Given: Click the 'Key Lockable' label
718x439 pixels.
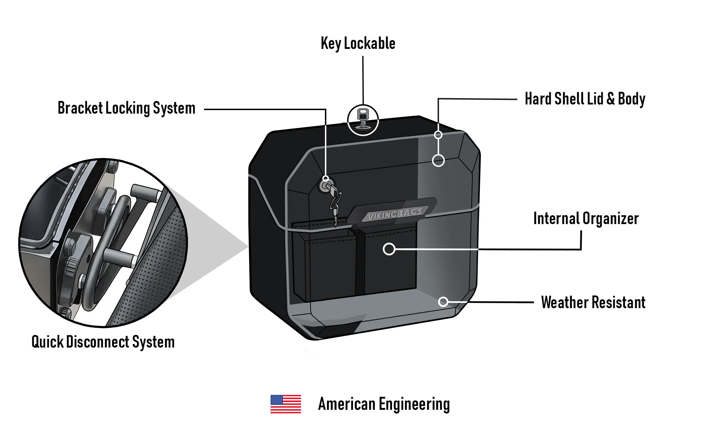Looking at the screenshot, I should click(358, 44).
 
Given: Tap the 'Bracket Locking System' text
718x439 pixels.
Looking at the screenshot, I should click(126, 108).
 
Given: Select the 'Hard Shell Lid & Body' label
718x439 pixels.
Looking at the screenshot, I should click(585, 99).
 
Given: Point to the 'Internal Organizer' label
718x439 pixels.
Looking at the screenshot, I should click(586, 218).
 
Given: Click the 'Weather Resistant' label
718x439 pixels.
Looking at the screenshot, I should click(593, 303).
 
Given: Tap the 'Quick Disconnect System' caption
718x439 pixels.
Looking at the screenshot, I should click(103, 342).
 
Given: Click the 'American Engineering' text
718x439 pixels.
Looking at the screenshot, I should click(384, 404).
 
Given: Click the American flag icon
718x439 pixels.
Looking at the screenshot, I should click(286, 404).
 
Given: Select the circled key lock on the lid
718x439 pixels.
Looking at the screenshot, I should click(363, 120).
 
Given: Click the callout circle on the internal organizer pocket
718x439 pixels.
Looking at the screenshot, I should click(389, 249).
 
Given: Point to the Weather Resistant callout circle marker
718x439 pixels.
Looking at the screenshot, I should click(443, 301).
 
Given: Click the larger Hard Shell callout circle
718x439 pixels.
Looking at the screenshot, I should click(438, 161).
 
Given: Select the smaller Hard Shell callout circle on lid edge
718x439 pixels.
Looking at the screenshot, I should click(438, 135).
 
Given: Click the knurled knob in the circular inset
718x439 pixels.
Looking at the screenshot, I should click(71, 267).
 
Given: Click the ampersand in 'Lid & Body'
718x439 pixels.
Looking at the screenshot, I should click(611, 99).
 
